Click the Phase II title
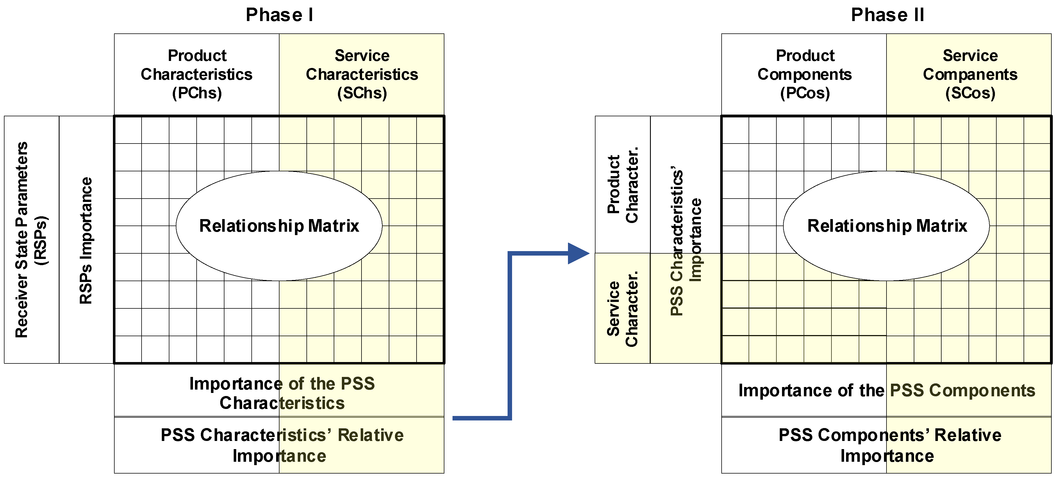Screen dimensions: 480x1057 887,15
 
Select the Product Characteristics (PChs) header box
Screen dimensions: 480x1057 197,74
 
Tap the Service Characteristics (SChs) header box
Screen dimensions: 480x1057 362,74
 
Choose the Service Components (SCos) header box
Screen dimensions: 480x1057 970,74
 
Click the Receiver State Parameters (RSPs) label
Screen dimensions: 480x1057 21,240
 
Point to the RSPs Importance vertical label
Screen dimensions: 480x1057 86,240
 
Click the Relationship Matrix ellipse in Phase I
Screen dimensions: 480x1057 279,226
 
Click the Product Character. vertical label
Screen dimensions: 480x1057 622,185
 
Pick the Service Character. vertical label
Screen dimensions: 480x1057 622,308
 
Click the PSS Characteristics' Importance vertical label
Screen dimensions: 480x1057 686,240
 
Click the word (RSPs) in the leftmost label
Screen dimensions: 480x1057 41,240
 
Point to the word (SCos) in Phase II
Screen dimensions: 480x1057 970,93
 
